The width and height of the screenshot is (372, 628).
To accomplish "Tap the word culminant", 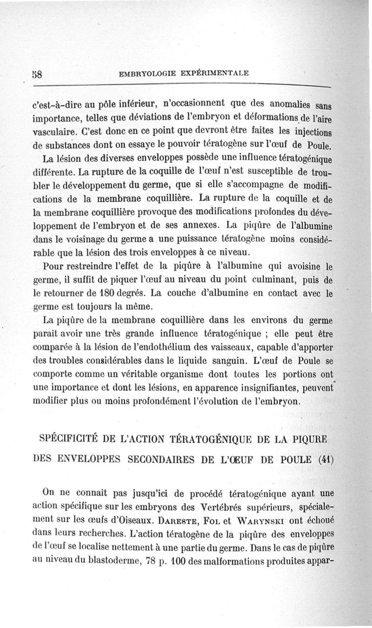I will (x=259, y=281).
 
